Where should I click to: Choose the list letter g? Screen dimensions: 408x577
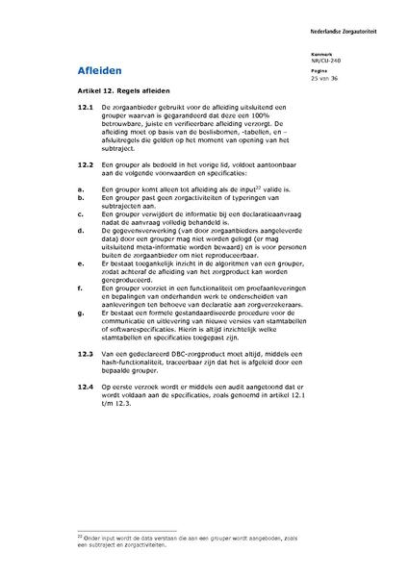80,313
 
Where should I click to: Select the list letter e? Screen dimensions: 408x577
80,261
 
